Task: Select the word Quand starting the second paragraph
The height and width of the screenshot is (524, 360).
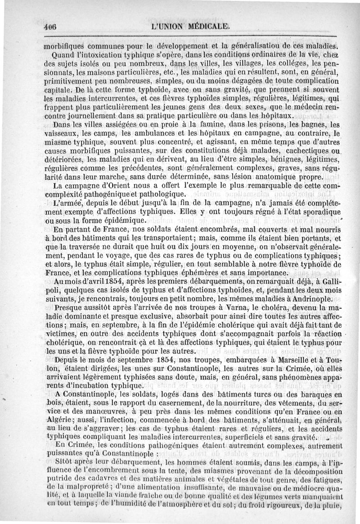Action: tap(65, 55)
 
